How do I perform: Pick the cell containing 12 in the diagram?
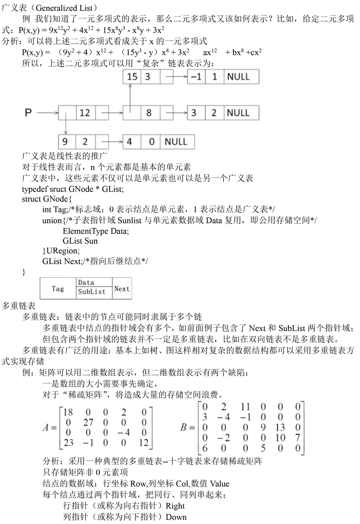(x=85, y=113)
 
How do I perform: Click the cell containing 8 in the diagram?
(x=149, y=113)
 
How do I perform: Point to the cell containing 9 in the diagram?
(x=66, y=142)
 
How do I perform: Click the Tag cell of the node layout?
(x=58, y=289)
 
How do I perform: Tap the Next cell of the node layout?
(x=121, y=289)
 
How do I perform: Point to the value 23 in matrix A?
(x=68, y=443)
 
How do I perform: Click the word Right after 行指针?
(x=175, y=506)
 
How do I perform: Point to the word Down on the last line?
(x=176, y=517)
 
